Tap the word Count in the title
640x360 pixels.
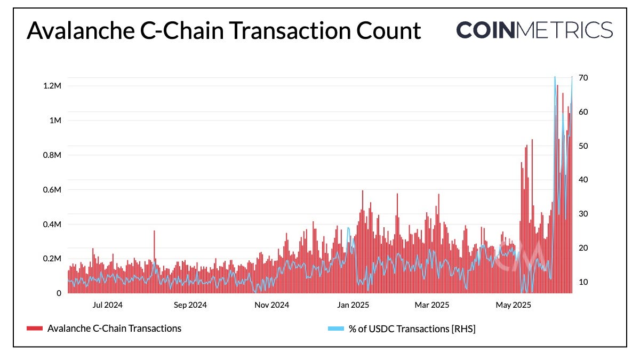(386, 30)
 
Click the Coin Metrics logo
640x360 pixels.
(534, 29)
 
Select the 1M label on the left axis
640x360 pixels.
(55, 121)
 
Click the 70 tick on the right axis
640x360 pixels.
(583, 78)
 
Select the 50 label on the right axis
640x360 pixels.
(583, 146)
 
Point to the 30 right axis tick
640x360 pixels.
(583, 214)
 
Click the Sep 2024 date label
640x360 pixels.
(190, 305)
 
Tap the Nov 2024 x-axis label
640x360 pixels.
(272, 305)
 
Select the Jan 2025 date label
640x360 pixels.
(353, 305)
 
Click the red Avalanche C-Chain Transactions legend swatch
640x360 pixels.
(34, 329)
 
